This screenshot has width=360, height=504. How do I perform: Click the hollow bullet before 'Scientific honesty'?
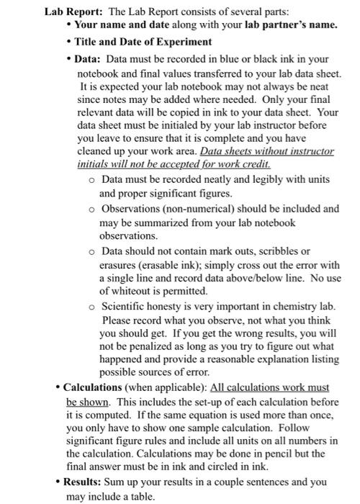click(92, 307)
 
